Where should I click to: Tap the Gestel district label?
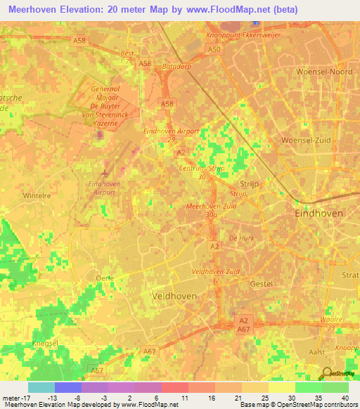[x=261, y=283]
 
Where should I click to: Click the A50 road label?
[x=214, y=50]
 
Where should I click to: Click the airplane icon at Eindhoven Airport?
[x=105, y=172]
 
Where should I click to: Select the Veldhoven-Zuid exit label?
[x=214, y=271]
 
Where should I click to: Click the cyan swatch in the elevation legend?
[x=41, y=387]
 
